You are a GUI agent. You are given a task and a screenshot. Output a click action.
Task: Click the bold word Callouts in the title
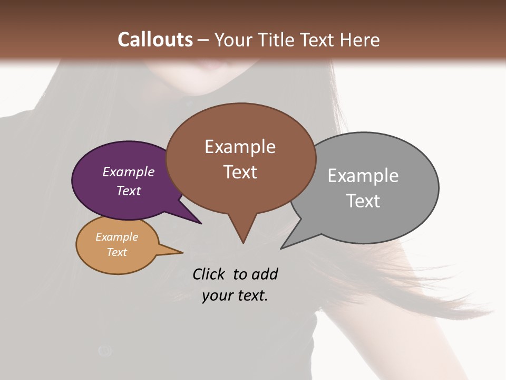pos(155,40)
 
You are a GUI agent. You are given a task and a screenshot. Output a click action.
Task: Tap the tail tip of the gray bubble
pos(282,248)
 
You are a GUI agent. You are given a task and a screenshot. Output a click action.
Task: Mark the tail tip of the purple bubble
pos(200,223)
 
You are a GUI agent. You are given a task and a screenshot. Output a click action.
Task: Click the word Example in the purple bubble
pos(129,172)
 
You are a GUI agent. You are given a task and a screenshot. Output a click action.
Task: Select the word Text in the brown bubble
pos(240,172)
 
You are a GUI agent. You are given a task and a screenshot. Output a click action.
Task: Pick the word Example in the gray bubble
pos(363,175)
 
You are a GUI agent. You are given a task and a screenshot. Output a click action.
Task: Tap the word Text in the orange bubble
pos(117,252)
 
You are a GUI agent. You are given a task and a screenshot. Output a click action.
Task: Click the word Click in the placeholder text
pos(209,274)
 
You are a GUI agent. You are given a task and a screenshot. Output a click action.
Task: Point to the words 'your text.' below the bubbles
pos(235,296)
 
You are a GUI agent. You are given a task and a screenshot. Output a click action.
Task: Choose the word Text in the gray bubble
pos(363,201)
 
